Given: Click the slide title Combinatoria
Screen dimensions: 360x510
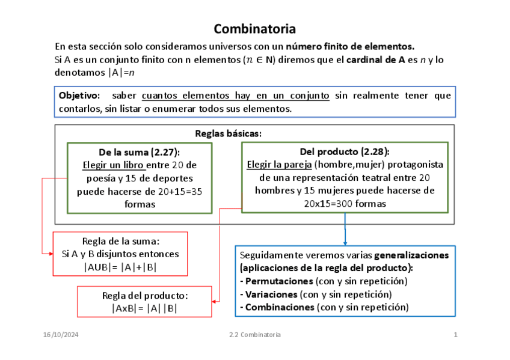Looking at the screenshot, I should point(254,29).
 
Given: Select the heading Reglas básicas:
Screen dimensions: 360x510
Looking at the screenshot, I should point(229,133).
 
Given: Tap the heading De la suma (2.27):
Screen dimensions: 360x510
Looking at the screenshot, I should point(140,151).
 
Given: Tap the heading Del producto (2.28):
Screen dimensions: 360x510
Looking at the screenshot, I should point(345,151).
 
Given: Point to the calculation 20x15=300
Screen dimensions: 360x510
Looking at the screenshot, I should point(328,204).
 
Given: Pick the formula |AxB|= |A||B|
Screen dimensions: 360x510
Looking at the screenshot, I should point(144,308).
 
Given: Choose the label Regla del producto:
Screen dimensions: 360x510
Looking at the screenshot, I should point(145,296).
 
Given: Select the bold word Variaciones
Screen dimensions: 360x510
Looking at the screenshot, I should point(271,294).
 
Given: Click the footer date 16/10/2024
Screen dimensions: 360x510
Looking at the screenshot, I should point(61,335).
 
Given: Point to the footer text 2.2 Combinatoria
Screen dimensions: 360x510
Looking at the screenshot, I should point(254,335).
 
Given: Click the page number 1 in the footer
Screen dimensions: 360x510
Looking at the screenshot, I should point(455,335).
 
